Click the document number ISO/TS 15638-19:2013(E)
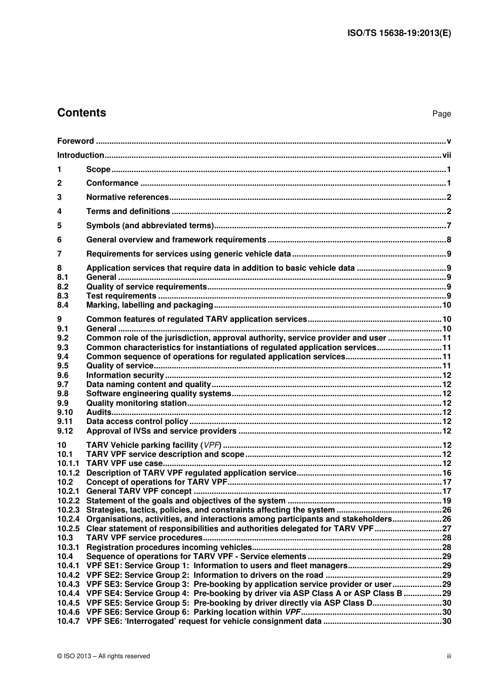click(398, 33)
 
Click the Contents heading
click(82, 113)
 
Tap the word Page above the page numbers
click(442, 114)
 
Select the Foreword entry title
click(75, 141)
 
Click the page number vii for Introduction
click(446, 155)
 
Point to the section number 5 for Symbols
click(59, 226)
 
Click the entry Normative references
click(127, 197)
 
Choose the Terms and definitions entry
click(128, 211)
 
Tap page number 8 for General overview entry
click(449, 240)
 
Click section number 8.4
click(63, 305)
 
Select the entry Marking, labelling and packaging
click(149, 305)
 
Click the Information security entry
click(125, 375)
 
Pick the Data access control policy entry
click(137, 421)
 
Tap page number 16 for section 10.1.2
click(447, 473)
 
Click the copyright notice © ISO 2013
click(104, 656)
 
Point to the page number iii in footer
click(449, 656)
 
